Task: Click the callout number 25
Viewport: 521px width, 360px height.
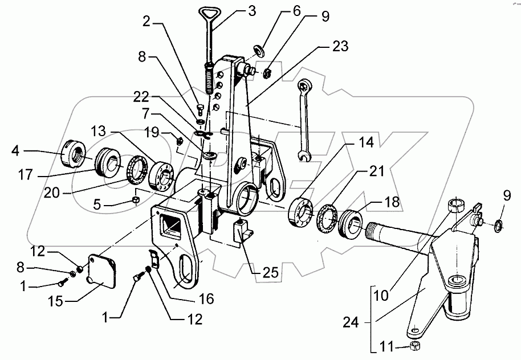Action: (x=270, y=273)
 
